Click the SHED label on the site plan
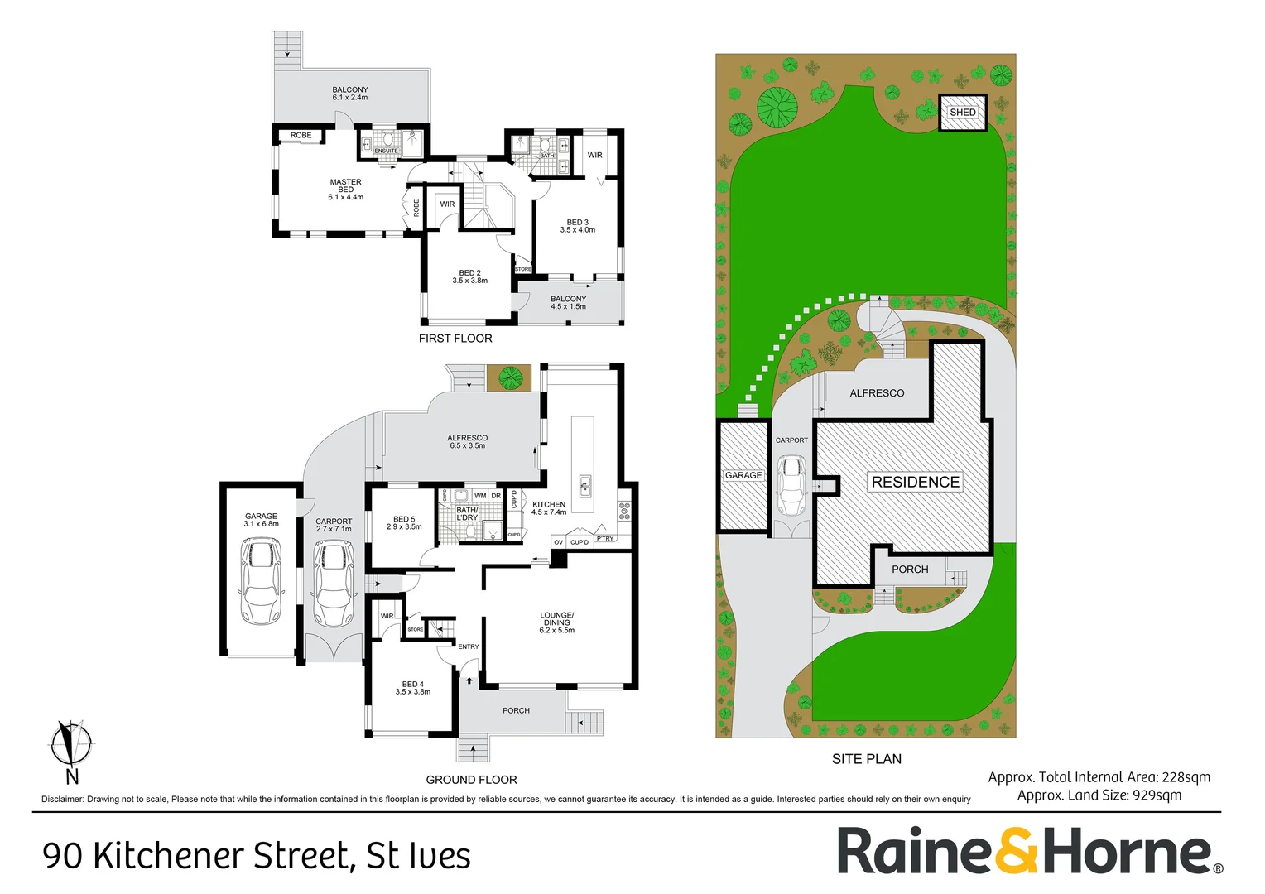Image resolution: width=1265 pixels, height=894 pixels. tap(962, 113)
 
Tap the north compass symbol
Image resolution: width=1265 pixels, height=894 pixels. tap(71, 744)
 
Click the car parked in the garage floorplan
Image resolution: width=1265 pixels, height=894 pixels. tap(261, 581)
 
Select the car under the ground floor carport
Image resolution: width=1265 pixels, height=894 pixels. tap(334, 584)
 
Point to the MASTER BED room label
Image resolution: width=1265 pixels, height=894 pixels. tap(345, 190)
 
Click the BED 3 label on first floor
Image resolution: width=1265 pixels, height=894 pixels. tap(577, 226)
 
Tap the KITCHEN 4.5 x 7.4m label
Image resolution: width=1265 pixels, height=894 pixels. tap(549, 508)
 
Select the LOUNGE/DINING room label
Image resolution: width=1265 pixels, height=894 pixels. tap(556, 622)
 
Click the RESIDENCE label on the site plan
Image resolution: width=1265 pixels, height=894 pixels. tap(915, 482)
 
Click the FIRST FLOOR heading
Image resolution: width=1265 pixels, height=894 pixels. tap(455, 339)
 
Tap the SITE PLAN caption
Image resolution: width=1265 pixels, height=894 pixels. tap(866, 759)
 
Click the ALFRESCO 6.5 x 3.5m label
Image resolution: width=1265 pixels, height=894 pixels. tap(467, 442)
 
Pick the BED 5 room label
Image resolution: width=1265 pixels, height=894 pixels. tap(404, 523)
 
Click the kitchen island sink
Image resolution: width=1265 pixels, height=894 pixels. tap(584, 485)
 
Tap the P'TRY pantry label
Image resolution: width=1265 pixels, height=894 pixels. tap(605, 539)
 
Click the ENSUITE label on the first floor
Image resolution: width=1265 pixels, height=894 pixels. tap(386, 151)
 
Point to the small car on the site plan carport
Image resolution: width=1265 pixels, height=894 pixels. tap(791, 488)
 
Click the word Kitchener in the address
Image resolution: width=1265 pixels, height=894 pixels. tap(221, 856)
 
